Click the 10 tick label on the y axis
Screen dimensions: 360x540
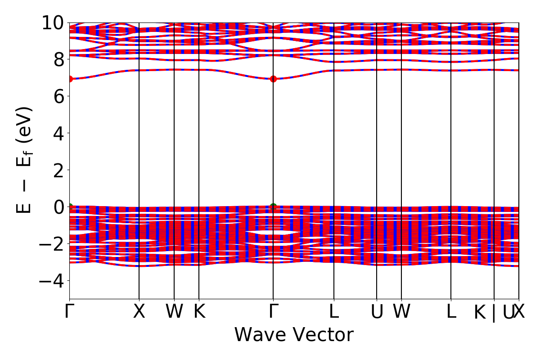53,22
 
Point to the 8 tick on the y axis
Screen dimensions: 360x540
58,59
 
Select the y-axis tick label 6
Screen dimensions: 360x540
58,96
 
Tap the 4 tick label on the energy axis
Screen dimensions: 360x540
58,133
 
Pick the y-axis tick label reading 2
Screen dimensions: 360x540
58,170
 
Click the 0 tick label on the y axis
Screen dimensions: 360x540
58,207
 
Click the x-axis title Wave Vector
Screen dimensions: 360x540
294,335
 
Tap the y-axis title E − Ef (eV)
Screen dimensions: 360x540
25,160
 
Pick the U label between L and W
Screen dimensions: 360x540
377,312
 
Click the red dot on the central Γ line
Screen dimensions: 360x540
273,79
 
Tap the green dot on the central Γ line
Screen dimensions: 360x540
273,207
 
